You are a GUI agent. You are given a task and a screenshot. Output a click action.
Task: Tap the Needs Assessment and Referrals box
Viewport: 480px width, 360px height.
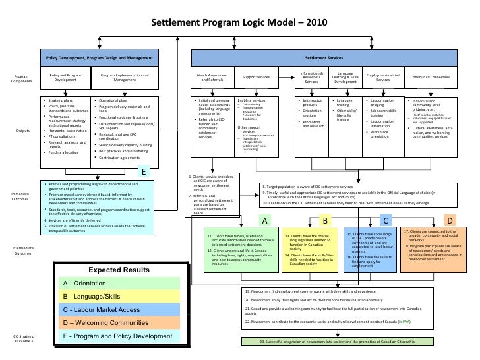click(212, 79)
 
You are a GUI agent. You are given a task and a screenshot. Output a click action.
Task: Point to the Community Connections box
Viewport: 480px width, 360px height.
click(431, 78)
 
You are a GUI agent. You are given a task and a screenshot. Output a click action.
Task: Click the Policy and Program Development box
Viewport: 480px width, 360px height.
click(65, 79)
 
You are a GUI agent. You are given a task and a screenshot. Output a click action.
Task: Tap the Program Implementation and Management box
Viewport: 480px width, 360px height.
click(125, 79)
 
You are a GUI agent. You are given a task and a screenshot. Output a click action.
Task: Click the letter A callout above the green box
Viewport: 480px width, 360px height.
click(264, 220)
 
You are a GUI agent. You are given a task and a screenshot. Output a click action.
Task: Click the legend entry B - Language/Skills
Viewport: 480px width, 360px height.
click(115, 295)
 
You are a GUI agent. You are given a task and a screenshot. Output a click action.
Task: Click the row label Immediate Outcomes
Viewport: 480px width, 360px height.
click(19, 196)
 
